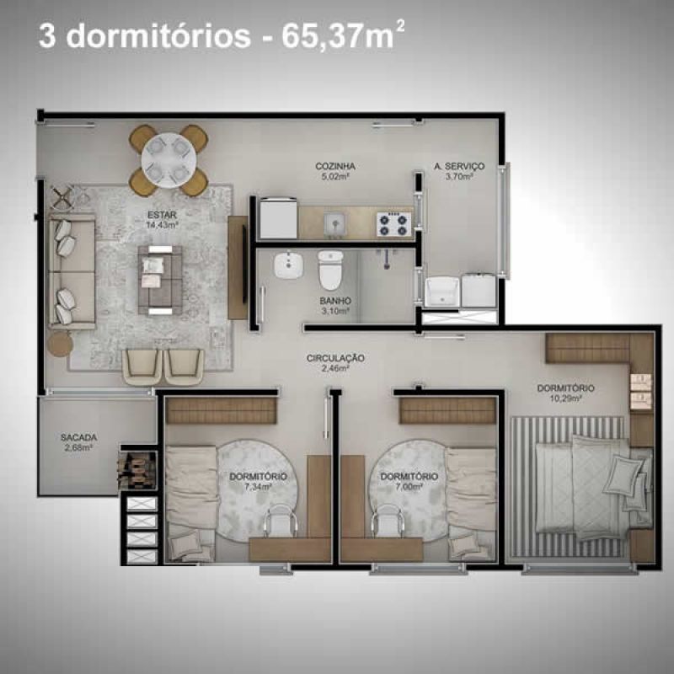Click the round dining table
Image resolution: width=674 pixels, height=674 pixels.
click(x=169, y=160)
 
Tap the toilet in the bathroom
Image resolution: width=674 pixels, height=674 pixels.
click(x=330, y=270)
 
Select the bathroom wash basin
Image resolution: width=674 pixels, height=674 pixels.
click(x=288, y=265)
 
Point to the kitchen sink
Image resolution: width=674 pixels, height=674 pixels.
click(x=335, y=224)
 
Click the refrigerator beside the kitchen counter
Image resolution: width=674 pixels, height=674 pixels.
click(x=278, y=218)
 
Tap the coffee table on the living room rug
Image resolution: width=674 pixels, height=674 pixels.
click(x=160, y=280)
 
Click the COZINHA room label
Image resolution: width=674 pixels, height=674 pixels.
click(x=335, y=166)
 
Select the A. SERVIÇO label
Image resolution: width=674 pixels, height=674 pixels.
click(x=459, y=166)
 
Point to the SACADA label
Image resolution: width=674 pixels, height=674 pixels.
click(x=78, y=437)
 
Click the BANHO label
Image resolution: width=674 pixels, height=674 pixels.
click(x=335, y=301)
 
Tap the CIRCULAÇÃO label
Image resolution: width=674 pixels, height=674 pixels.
click(x=335, y=358)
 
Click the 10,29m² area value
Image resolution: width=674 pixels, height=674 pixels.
click(x=565, y=399)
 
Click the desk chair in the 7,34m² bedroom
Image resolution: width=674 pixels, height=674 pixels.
click(x=280, y=522)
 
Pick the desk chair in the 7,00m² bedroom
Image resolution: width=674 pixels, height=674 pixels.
click(x=388, y=522)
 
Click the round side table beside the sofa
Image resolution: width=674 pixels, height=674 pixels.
click(x=60, y=344)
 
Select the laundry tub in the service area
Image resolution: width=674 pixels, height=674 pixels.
click(x=441, y=292)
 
